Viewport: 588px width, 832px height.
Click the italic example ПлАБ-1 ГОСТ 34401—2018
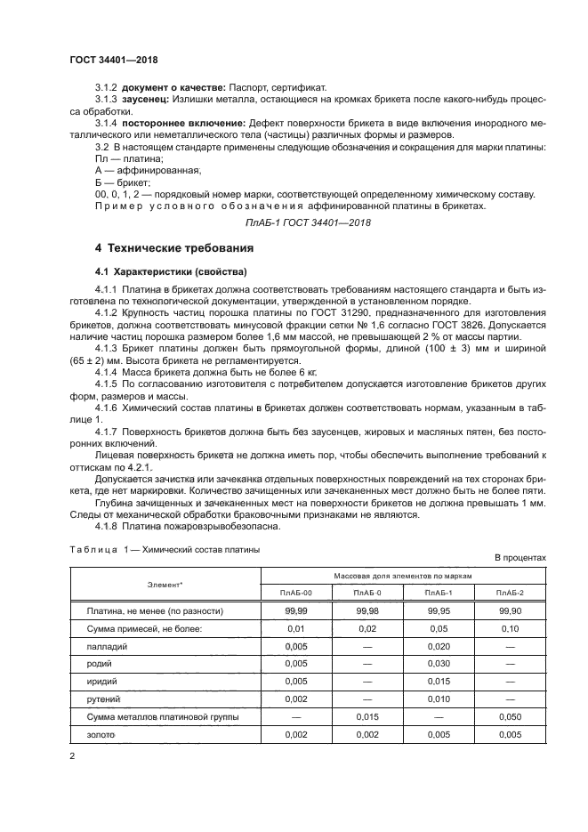[294, 222]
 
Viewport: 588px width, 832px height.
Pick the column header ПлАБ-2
[510, 592]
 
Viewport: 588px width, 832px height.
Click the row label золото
[102, 736]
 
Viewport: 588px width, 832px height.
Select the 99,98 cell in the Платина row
[366, 611]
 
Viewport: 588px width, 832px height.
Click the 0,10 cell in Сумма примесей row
[510, 629]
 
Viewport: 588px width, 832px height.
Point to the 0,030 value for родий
[438, 665]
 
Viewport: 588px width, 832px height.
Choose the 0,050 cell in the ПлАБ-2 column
[510, 718]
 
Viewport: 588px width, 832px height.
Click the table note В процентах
[520, 557]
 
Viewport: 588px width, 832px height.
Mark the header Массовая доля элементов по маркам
[402, 576]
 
